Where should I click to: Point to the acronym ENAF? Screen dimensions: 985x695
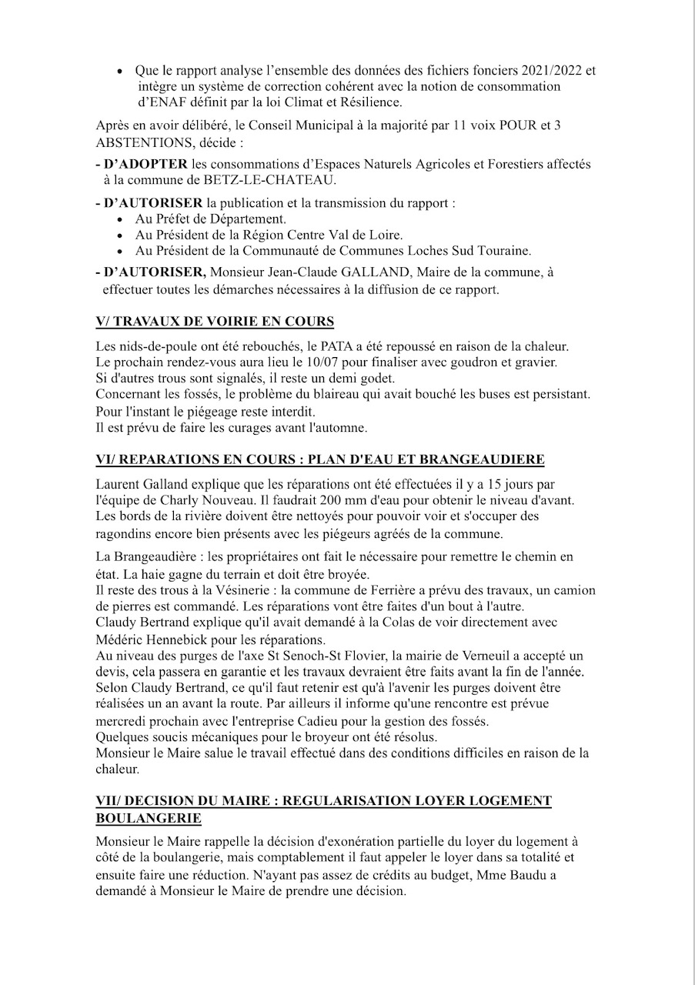point(167,102)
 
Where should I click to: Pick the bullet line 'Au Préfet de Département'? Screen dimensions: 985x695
point(199,219)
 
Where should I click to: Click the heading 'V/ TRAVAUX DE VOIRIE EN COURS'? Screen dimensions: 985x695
point(215,321)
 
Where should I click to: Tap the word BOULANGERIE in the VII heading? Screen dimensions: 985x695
point(149,816)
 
